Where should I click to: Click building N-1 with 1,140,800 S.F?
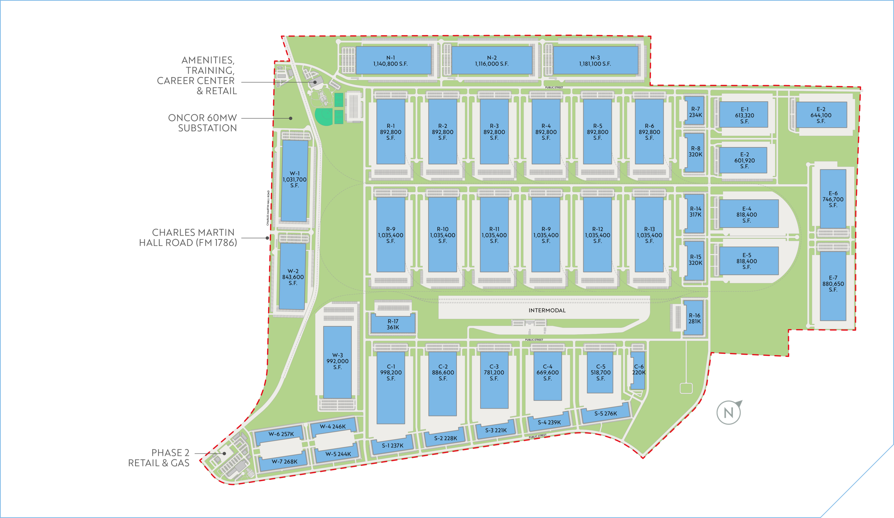[x=393, y=61]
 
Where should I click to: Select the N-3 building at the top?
[x=595, y=61]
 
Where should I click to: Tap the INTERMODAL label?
[x=547, y=310]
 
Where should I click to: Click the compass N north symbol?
[x=729, y=412]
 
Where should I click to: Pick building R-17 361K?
[x=393, y=324]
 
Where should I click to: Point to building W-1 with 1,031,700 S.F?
[x=294, y=180]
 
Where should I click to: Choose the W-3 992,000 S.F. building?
[x=337, y=361]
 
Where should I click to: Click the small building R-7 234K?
[x=694, y=111]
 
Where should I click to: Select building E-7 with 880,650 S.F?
[x=833, y=284]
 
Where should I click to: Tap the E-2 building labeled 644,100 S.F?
[x=821, y=115]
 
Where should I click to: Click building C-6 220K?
[x=638, y=370]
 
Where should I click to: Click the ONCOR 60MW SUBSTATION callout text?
[x=203, y=123]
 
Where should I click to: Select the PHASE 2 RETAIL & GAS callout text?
[x=159, y=458]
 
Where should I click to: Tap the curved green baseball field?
[x=324, y=116]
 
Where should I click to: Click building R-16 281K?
[x=694, y=318]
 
